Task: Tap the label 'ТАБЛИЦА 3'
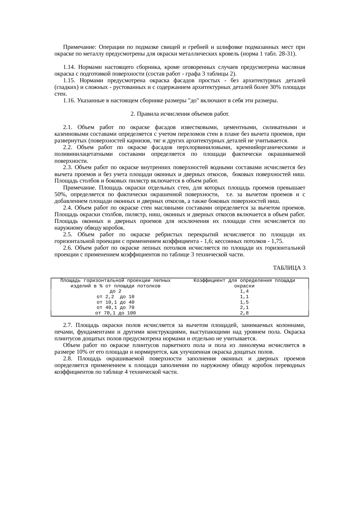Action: pyautogui.click(x=289, y=268)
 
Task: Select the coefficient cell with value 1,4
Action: pyautogui.click(x=244, y=291)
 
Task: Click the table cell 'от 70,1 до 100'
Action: pyautogui.click(x=116, y=313)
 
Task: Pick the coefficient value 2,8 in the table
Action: pyautogui.click(x=244, y=313)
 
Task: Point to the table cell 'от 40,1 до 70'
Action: pyautogui.click(x=116, y=307)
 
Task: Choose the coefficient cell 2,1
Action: pyautogui.click(x=244, y=307)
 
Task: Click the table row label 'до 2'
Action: pyautogui.click(x=116, y=291)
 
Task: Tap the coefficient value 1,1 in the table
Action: pyautogui.click(x=244, y=297)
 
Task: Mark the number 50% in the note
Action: pyautogui.click(x=60, y=194)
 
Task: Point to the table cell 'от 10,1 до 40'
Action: pyautogui.click(x=116, y=302)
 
